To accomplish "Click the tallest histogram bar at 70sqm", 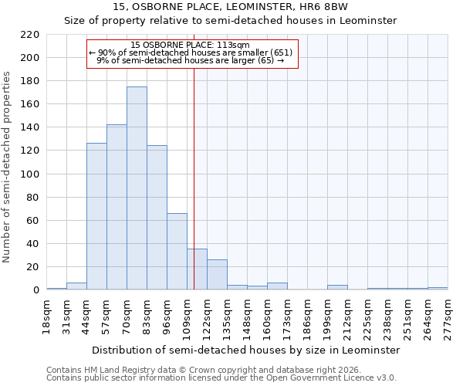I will click(x=137, y=188).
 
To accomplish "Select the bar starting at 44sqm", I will click(x=96, y=216).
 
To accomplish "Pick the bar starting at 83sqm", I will click(x=157, y=218).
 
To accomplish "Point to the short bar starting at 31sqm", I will click(x=76, y=286).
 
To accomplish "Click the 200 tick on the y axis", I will click(x=30, y=58).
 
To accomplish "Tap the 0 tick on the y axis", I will click(x=36, y=290).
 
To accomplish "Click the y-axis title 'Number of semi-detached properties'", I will click(x=8, y=167).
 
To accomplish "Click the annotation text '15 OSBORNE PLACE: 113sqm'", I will click(x=191, y=45).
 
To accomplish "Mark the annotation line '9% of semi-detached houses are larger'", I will click(x=191, y=60).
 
